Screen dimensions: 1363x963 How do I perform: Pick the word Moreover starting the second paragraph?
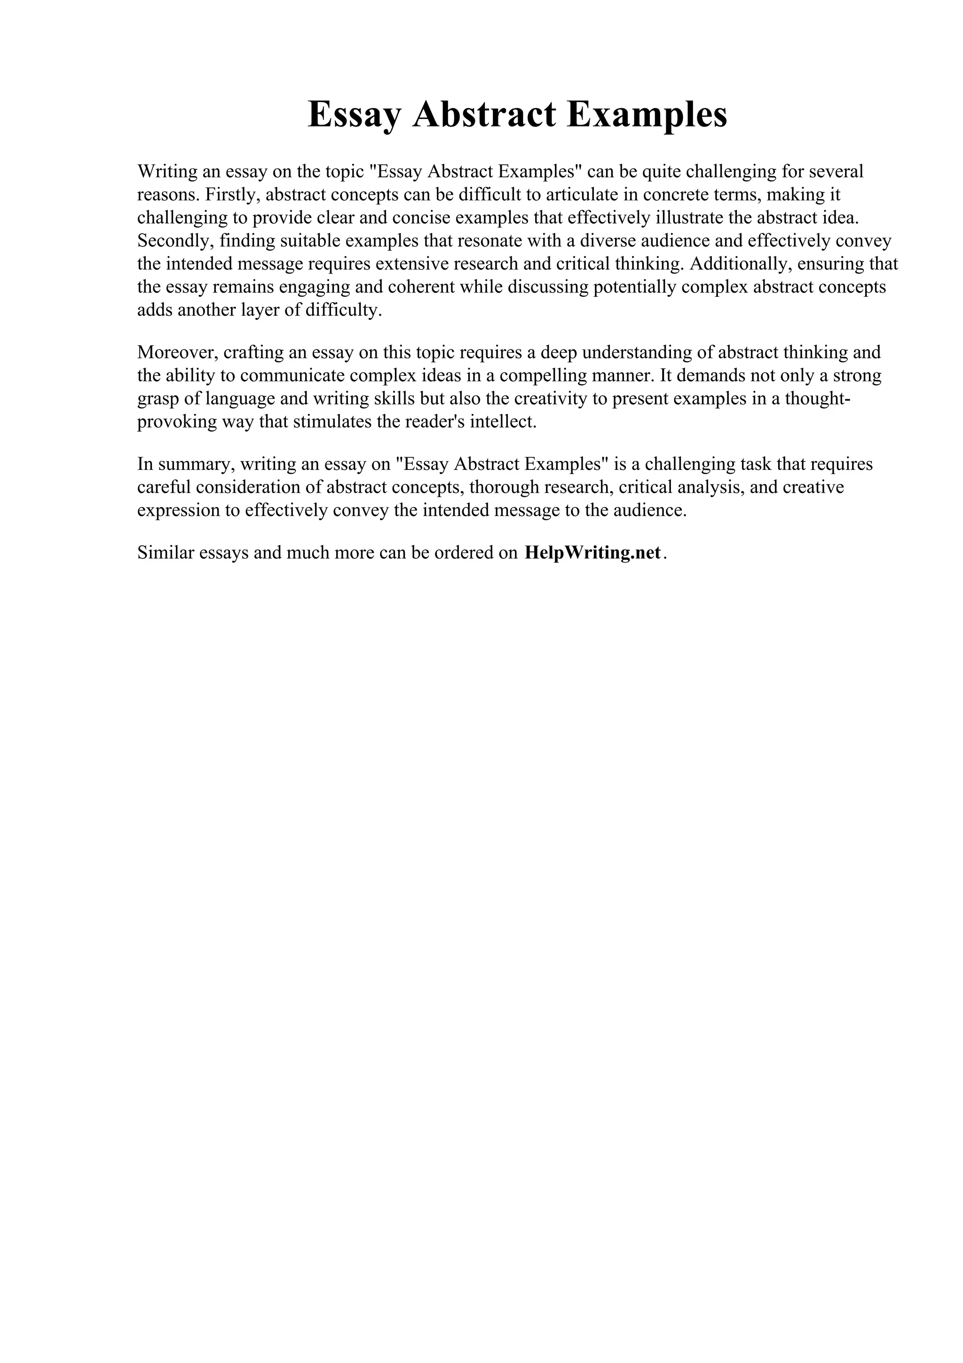176,353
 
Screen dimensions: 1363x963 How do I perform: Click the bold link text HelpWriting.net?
592,553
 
